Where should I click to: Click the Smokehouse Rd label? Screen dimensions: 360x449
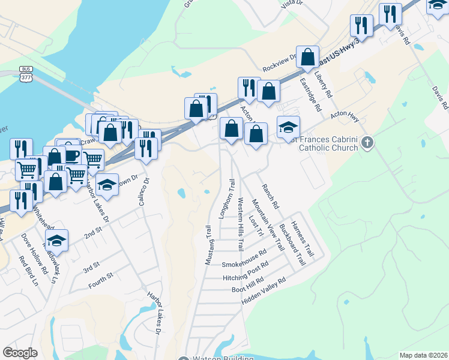click(x=244, y=259)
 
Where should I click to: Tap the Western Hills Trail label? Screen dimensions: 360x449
click(x=241, y=224)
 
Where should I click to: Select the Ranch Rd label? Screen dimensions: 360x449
click(x=271, y=195)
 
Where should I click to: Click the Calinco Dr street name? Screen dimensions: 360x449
click(x=144, y=191)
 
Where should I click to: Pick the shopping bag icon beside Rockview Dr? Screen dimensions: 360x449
click(x=307, y=58)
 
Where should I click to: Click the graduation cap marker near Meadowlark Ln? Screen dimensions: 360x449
click(x=57, y=241)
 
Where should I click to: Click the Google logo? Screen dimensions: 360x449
click(x=20, y=352)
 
